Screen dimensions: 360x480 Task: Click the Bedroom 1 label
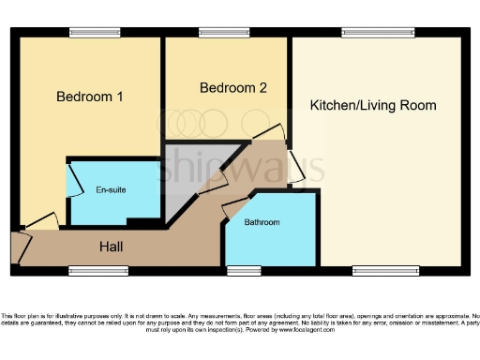90,97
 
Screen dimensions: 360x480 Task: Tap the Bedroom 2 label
233,88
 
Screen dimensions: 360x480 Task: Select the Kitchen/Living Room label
372,105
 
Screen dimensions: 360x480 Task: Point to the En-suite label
111,189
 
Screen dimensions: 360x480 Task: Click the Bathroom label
262,223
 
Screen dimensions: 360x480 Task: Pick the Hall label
117,247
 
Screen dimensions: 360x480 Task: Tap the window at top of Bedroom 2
224,33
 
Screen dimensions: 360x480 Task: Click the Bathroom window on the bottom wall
244,271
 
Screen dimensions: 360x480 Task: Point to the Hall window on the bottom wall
98,271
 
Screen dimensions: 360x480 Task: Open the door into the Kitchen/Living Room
294,167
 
